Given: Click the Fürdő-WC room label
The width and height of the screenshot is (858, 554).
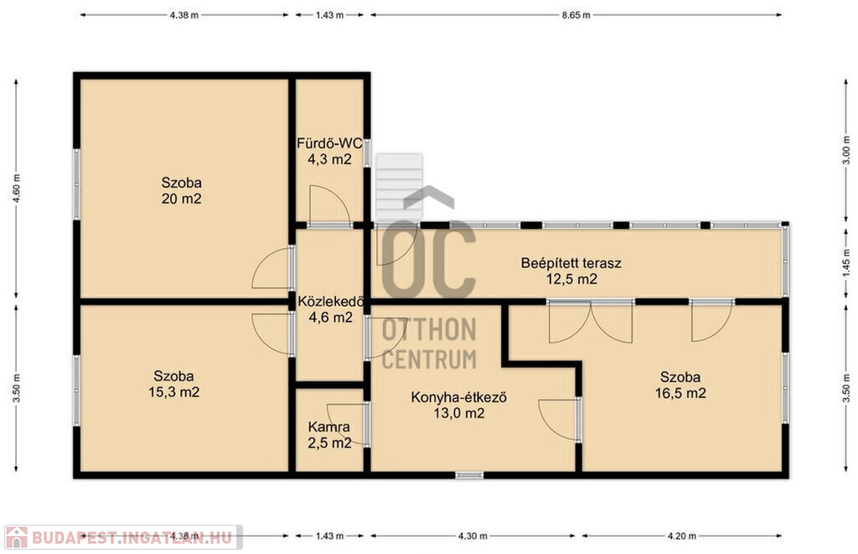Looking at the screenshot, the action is pos(329,151).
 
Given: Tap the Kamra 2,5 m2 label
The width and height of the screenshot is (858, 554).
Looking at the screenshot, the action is pos(328,435).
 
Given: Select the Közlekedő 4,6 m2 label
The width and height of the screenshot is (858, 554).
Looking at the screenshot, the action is pos(330,308).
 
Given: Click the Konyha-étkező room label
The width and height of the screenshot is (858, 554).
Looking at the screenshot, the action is pos(458,405).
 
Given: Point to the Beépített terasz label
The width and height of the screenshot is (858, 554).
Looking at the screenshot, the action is pos(571,271).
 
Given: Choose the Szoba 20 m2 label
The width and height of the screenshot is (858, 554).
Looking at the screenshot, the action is pos(181,190).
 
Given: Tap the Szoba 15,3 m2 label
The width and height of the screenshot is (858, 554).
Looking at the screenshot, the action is pos(173,385).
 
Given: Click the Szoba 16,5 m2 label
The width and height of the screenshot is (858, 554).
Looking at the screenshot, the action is pos(680,385).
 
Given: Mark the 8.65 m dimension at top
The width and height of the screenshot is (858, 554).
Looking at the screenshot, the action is pos(576,15).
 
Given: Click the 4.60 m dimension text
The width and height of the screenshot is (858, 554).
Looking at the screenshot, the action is pos(17,189).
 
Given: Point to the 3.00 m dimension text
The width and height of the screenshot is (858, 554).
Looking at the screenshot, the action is pos(846,150).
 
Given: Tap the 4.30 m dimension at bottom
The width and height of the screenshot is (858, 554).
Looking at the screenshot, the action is pos(473,536).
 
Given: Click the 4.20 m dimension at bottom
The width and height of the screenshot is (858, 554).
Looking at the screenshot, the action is pos(682,536).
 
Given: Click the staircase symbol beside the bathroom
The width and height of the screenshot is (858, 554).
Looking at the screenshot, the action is pos(400,187).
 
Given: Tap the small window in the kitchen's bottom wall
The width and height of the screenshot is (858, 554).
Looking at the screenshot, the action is pos(469,475).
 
